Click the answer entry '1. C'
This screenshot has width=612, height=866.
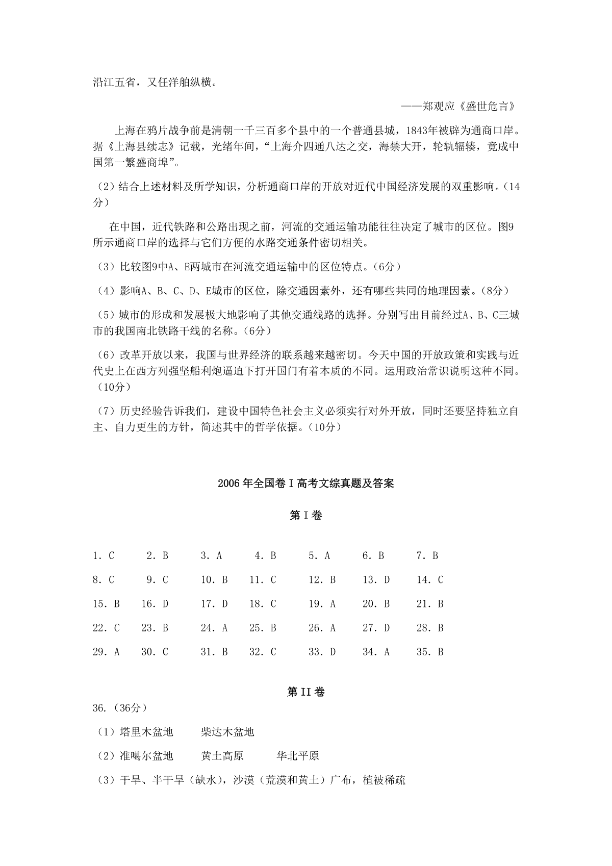coord(104,556)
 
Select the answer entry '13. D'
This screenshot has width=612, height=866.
coord(376,580)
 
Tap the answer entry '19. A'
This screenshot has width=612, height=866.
coord(322,604)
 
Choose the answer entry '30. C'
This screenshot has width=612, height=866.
coord(155,652)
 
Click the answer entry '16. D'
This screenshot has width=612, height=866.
coord(155,604)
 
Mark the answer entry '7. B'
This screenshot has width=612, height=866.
coord(427,556)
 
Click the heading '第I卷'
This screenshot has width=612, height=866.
coord(306,516)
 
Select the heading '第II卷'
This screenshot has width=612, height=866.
coord(306,692)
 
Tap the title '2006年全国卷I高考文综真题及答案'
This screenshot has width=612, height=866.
coord(306,483)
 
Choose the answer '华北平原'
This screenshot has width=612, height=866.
coord(298,756)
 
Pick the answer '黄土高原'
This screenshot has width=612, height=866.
coord(222,756)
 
